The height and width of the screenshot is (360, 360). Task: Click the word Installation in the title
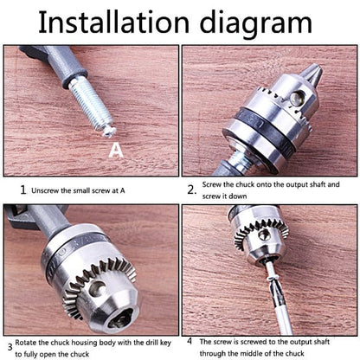[x=113, y=22]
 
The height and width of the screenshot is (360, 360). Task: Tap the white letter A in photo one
[x=116, y=150]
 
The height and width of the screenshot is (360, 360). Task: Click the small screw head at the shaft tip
[x=110, y=132]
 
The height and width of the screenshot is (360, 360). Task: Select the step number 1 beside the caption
[x=23, y=190]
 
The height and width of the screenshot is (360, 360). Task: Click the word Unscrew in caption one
[x=45, y=190]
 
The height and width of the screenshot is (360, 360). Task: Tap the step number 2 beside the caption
[x=191, y=190]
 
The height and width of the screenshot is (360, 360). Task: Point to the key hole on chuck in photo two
[x=298, y=97]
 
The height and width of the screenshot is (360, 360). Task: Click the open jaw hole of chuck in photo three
[x=120, y=318]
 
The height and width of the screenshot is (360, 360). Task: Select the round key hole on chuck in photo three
[x=97, y=288]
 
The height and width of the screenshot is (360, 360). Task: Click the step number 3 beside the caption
[x=10, y=347]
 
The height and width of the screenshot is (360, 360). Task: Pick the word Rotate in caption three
[x=26, y=343]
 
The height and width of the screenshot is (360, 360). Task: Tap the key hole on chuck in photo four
[x=263, y=235]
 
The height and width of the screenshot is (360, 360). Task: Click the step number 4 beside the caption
[x=190, y=341]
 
